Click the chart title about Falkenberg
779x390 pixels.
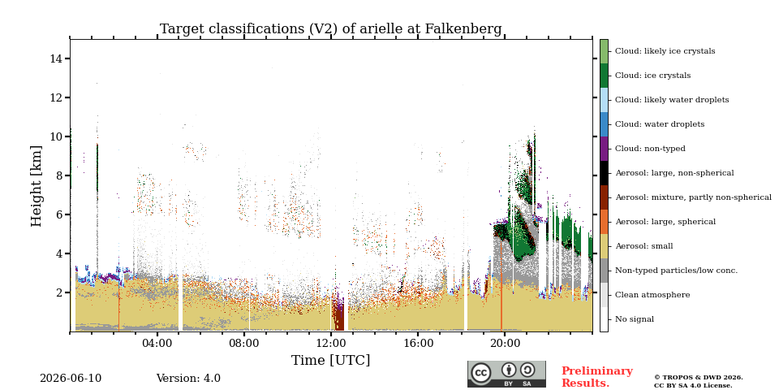(330, 29)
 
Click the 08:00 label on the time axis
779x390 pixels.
(244, 343)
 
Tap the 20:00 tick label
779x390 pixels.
(505, 343)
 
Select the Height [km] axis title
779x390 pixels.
(37, 186)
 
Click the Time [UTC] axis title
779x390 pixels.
(330, 360)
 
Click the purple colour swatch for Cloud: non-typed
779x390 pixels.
(604, 149)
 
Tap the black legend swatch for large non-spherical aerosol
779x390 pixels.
(604, 173)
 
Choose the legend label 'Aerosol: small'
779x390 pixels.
(644, 246)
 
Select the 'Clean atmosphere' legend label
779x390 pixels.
(652, 295)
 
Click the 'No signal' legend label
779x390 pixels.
(635, 319)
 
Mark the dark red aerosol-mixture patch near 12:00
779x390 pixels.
(338, 318)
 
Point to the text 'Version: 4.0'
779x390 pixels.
(188, 379)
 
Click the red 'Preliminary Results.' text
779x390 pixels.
(597, 377)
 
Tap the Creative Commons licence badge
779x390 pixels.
(506, 374)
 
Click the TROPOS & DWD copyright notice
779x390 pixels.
(698, 381)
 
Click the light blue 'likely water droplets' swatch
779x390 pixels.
(604, 100)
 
